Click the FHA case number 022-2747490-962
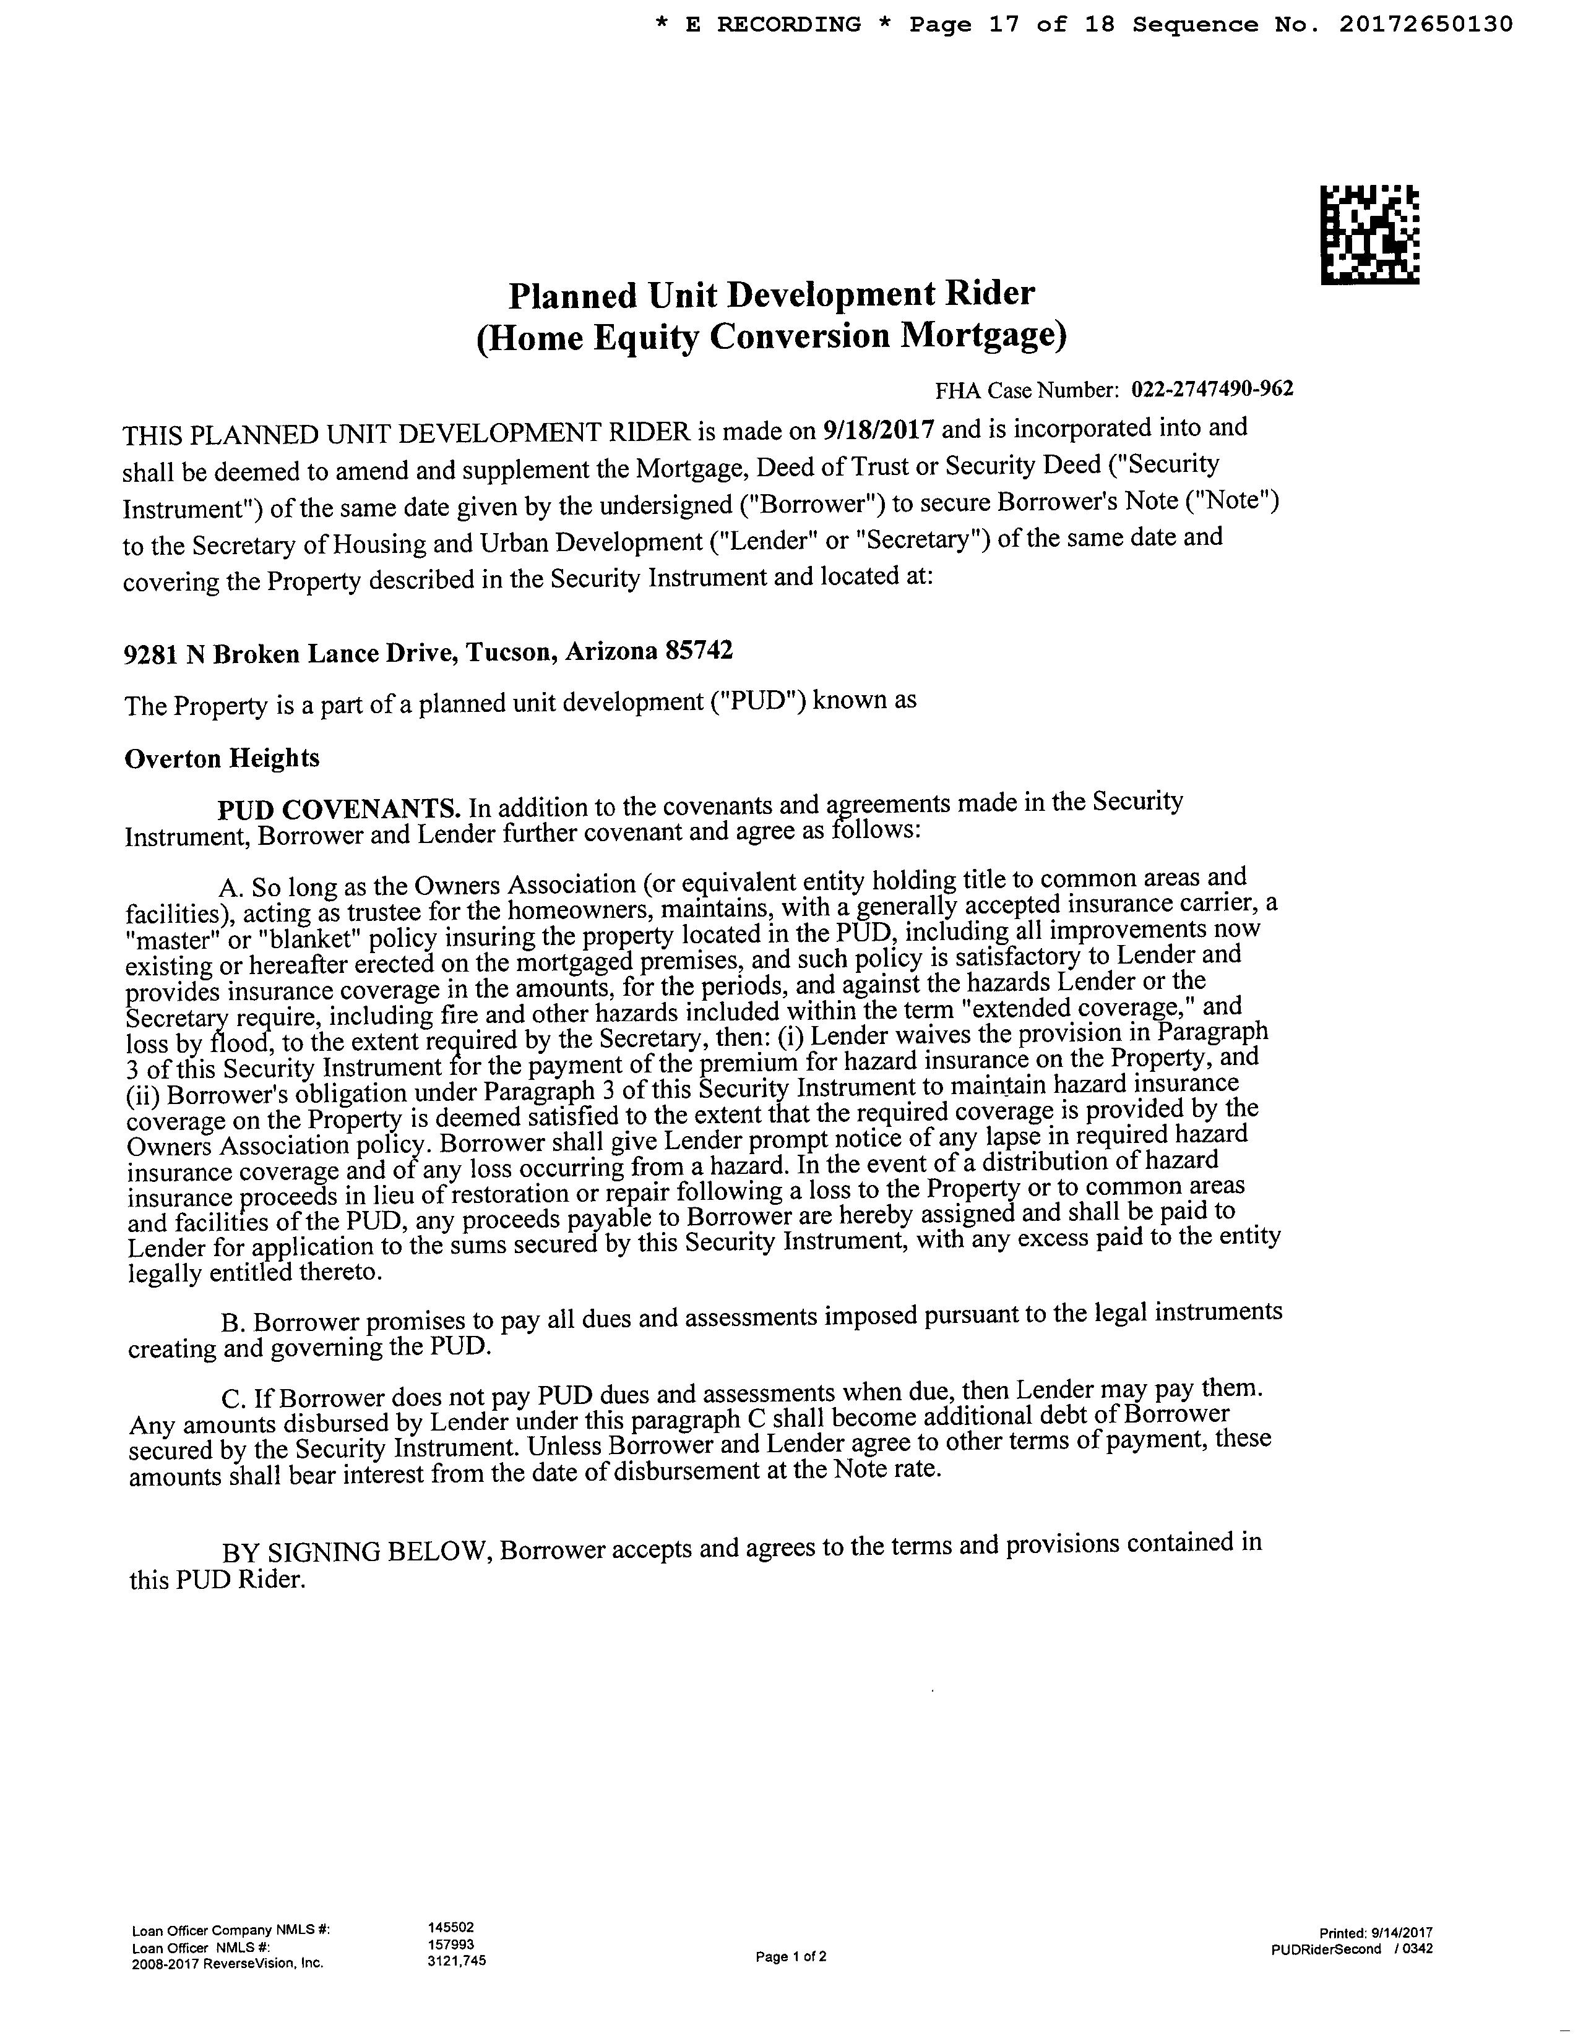tap(1212, 389)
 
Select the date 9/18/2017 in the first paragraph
tap(879, 429)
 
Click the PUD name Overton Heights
tap(222, 757)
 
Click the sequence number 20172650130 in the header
tap(1425, 24)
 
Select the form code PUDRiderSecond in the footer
tap(1326, 1948)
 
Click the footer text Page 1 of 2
tap(791, 1957)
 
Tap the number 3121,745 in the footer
tap(456, 1961)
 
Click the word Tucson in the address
tap(507, 653)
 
